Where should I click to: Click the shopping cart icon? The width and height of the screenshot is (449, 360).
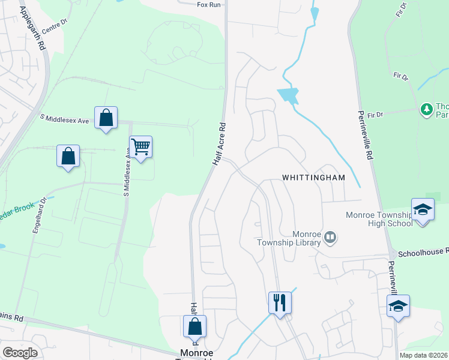tap(140, 146)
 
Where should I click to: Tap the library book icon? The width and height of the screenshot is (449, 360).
tap(330, 238)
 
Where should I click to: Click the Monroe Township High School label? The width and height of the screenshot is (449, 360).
tap(379, 219)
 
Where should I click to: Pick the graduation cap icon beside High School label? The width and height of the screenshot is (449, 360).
tap(423, 209)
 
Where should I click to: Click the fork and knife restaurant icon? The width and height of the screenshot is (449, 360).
tap(279, 302)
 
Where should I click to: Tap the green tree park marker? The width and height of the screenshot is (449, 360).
tap(427, 109)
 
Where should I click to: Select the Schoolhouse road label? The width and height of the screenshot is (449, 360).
tap(423, 253)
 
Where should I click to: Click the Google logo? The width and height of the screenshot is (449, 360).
tap(20, 353)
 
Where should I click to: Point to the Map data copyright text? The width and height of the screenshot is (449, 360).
tap(424, 355)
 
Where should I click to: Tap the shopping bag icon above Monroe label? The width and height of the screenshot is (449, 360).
tap(194, 326)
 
